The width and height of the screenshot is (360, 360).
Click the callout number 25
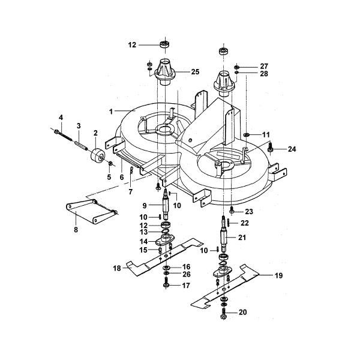tap(195, 72)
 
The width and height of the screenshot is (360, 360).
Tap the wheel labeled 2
tap(98, 156)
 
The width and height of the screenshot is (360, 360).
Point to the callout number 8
tap(76, 230)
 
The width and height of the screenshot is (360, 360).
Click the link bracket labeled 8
tap(91, 210)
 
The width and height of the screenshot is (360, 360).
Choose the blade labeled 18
tap(164, 257)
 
